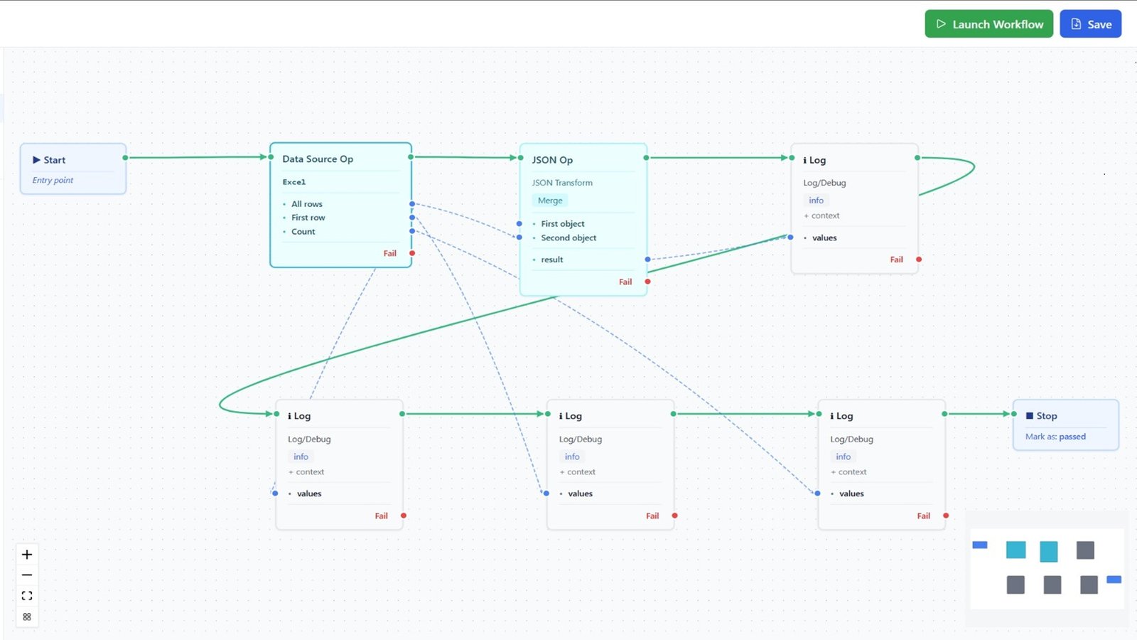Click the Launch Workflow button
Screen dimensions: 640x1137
(988, 24)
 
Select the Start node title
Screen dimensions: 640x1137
(54, 160)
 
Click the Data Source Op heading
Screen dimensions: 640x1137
(318, 159)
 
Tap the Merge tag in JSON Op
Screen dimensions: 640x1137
(550, 201)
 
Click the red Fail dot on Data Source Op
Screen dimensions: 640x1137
(412, 253)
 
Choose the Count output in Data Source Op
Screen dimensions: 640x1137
(303, 232)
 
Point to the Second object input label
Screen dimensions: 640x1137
(568, 238)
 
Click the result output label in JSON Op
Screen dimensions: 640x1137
(552, 260)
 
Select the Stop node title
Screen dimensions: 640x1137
(1046, 416)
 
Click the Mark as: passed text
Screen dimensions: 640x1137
(1055, 437)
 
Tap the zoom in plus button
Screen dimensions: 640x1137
(27, 555)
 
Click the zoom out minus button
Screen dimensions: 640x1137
(27, 575)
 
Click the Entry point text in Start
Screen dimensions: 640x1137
(53, 180)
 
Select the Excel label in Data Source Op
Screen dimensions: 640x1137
(294, 182)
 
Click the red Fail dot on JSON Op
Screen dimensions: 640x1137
(647, 282)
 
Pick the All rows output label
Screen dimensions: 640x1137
(307, 204)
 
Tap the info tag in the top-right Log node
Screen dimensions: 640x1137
(816, 201)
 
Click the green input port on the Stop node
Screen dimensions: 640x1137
(1015, 414)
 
